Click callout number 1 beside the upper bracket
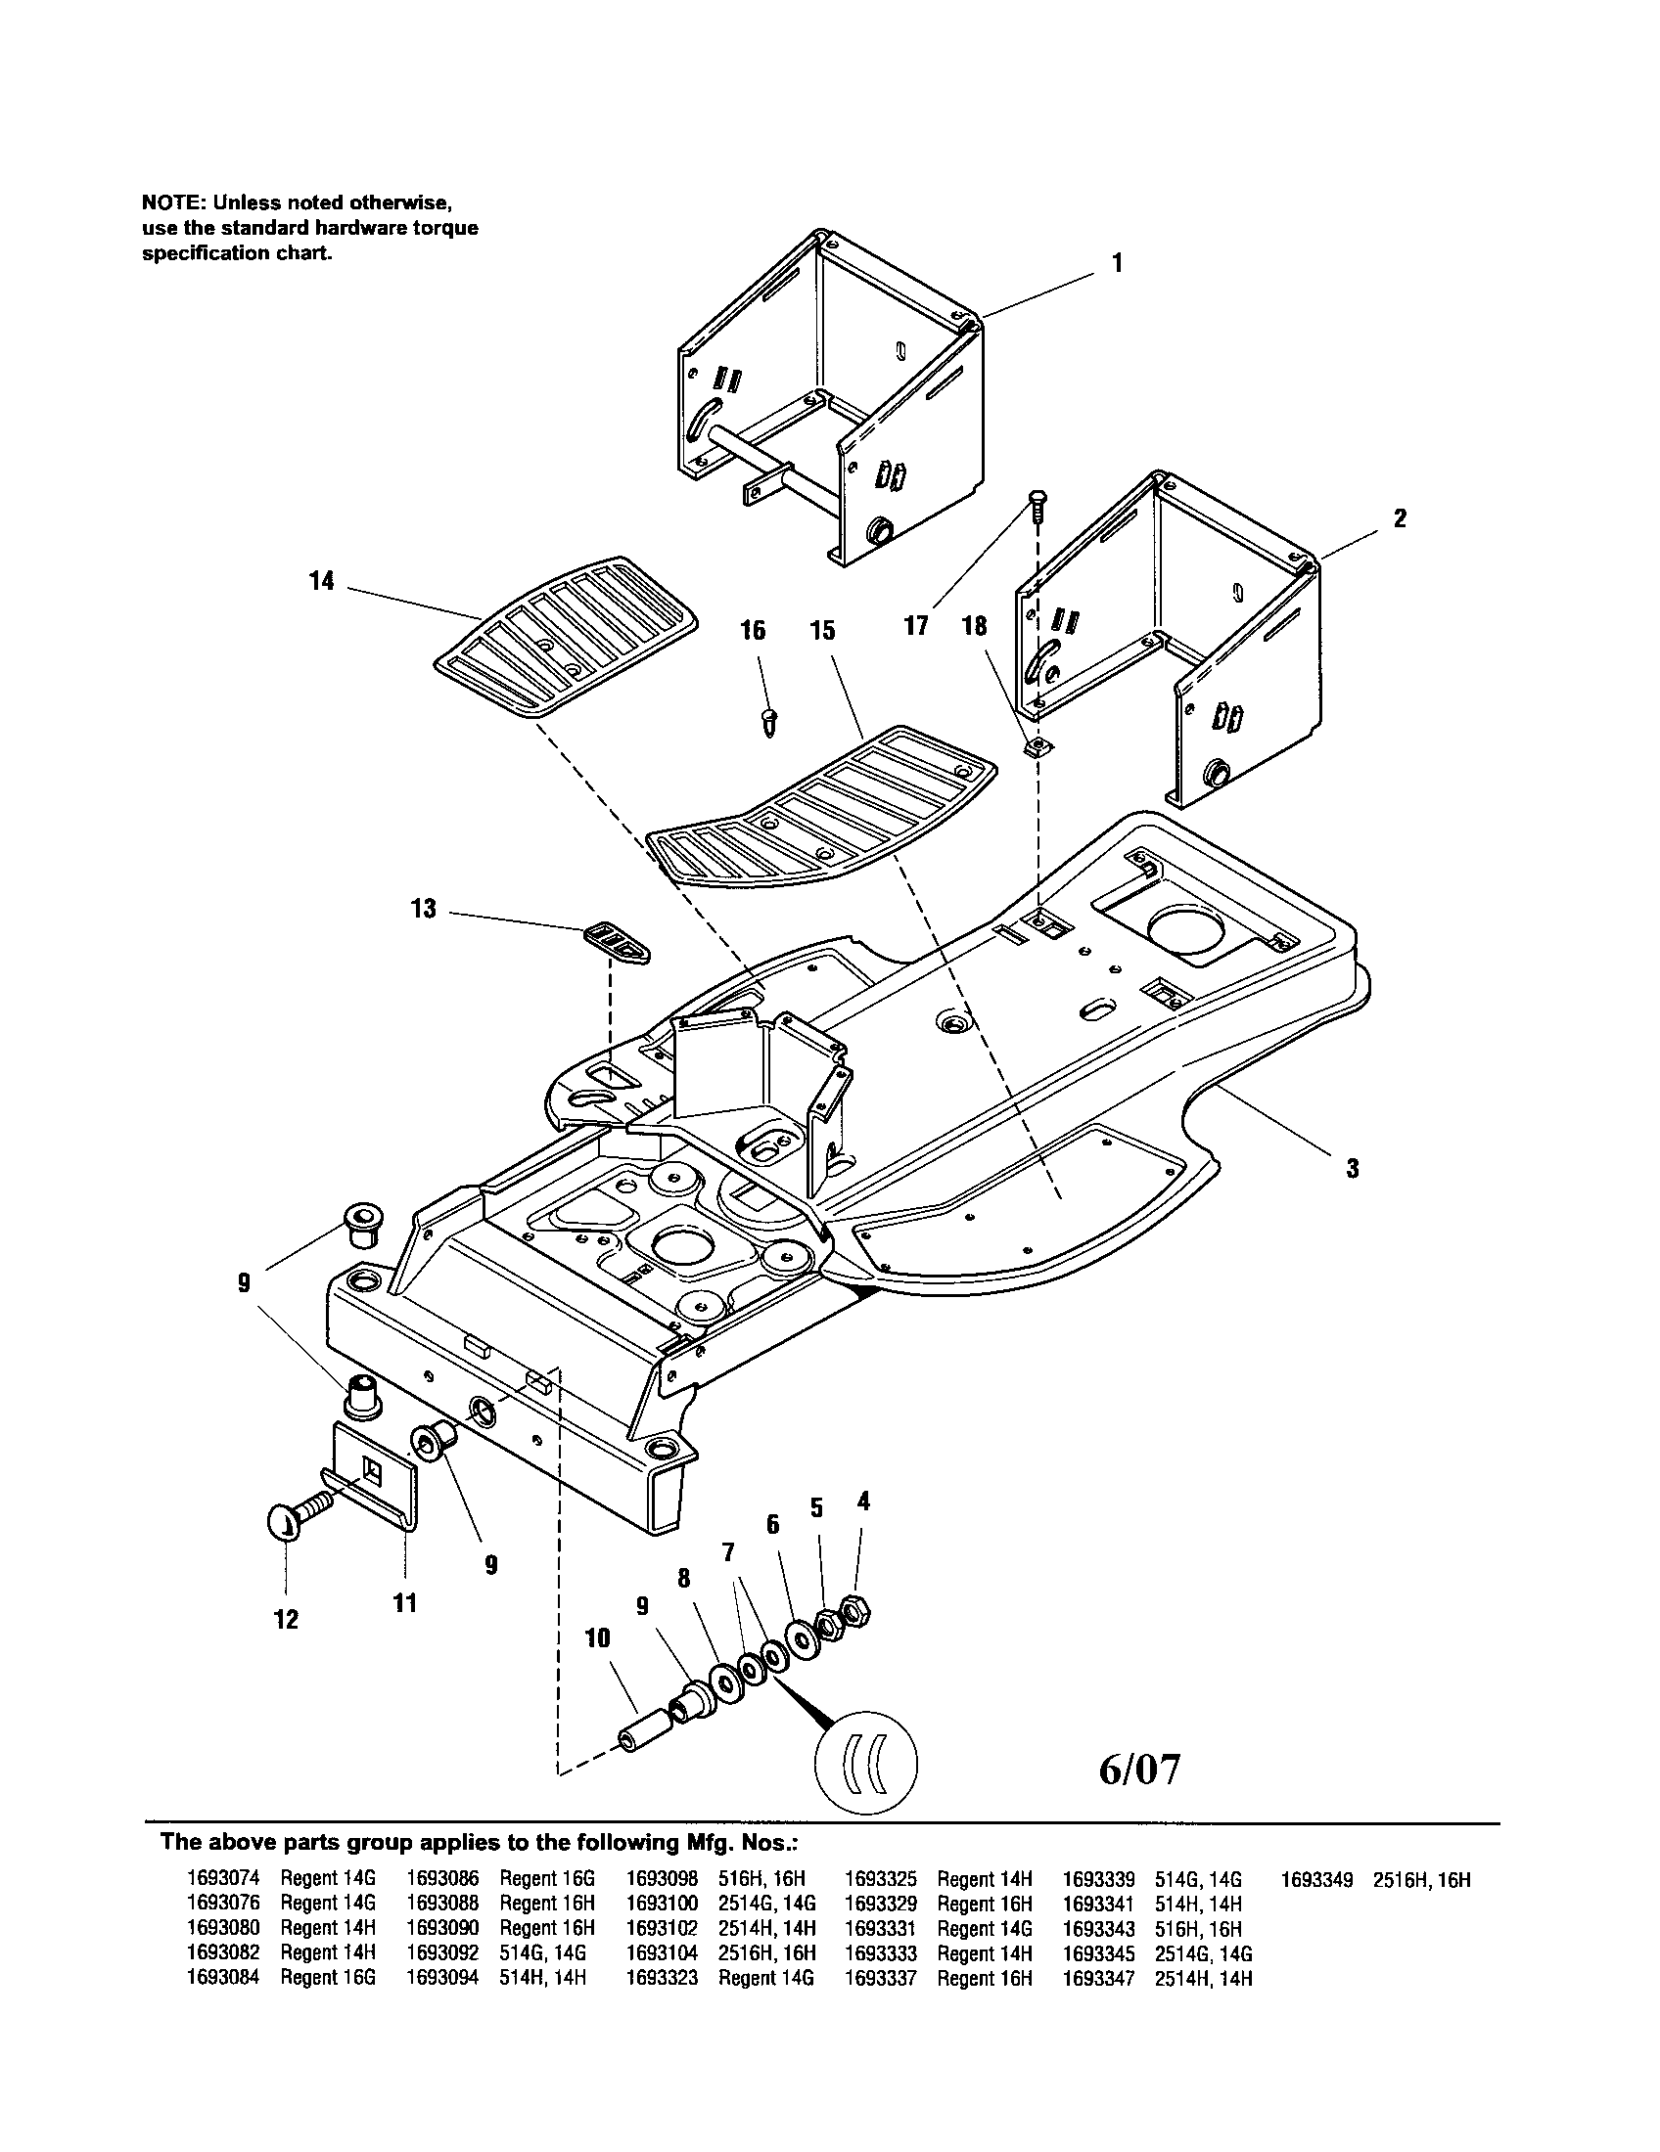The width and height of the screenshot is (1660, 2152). tap(1117, 263)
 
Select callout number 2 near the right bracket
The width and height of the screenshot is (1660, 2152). tap(1400, 518)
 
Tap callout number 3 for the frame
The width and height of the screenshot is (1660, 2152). tap(1353, 1169)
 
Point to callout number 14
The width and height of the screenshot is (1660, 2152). tap(321, 581)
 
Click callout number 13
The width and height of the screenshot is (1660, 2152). tap(423, 908)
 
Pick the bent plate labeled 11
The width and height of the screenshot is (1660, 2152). tap(380, 1479)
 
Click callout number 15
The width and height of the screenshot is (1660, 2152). tap(823, 631)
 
